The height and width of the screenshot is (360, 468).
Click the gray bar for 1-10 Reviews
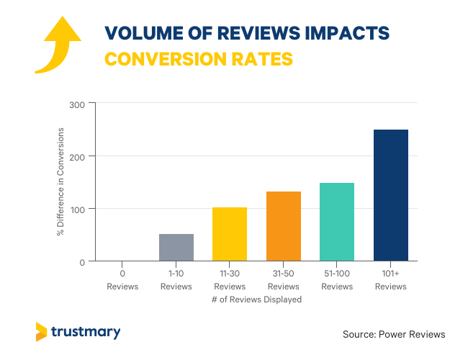pos(176,247)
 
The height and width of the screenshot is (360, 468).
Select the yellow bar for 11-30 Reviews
pos(230,234)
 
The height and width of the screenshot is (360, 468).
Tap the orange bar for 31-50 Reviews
pos(284,226)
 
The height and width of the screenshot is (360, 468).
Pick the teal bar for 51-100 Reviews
pos(337,222)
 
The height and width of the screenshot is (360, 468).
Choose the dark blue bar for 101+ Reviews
pos(391,195)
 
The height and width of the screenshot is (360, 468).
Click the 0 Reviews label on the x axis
pos(122,280)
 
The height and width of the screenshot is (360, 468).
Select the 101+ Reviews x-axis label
pos(391,280)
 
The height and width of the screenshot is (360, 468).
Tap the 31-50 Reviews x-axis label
pos(284,280)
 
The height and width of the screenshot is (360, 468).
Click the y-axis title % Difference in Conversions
pos(61,181)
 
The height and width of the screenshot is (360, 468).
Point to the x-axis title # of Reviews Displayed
pos(256,300)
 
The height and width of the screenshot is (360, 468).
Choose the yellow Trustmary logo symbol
pos(42,331)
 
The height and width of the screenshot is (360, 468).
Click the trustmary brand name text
pos(86,332)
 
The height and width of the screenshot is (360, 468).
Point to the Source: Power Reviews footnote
pos(394,334)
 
